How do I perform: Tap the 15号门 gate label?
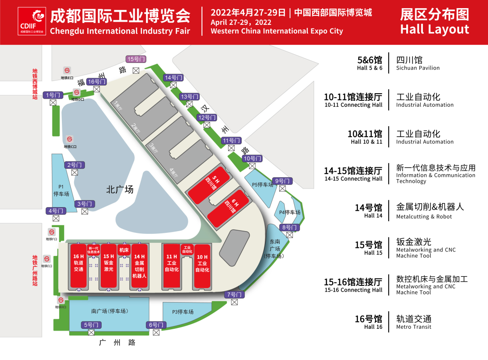(x=136, y=59)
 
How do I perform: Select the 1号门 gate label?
(x=53, y=95)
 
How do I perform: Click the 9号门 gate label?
(x=283, y=181)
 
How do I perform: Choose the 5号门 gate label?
(x=91, y=325)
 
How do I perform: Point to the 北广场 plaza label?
(x=120, y=189)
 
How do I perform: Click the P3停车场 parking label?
(x=183, y=312)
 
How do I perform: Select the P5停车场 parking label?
(x=263, y=185)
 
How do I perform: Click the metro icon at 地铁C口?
(x=70, y=139)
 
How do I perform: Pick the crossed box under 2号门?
(x=75, y=172)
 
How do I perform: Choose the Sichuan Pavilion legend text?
(x=418, y=68)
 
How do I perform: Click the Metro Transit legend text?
(x=413, y=327)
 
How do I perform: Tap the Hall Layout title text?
(x=435, y=30)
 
